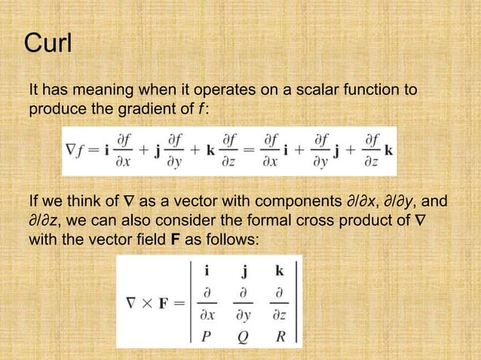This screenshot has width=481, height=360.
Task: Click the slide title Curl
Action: (48, 44)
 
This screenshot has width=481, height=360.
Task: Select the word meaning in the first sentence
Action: (100, 91)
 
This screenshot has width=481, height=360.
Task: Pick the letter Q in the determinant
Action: (243, 337)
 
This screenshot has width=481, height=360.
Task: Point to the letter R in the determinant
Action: (280, 337)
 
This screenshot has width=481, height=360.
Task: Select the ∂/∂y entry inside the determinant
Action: (243, 302)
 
